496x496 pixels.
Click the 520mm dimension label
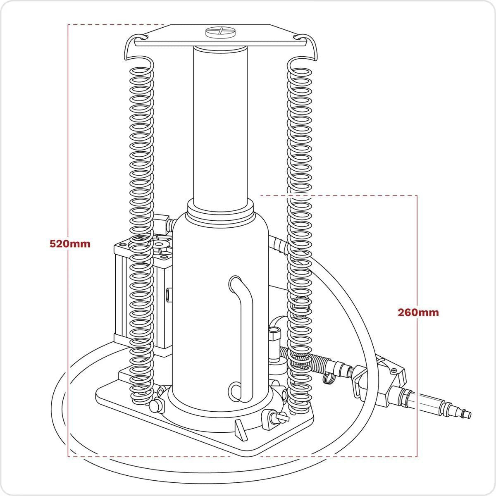tap(70, 243)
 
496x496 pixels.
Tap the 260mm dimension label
tap(418, 312)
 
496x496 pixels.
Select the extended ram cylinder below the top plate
tap(220, 124)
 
